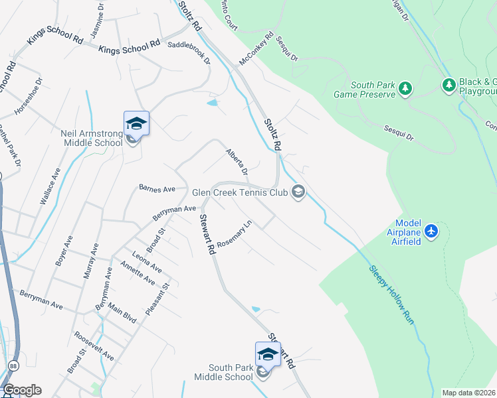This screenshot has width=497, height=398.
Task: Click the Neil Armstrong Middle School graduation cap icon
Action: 136,124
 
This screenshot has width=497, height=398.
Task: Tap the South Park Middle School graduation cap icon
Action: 268,354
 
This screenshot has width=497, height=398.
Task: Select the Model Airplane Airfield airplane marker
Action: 432,231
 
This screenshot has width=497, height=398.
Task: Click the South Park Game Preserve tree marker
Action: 405,88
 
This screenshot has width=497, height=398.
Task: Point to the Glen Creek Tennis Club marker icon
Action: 298,192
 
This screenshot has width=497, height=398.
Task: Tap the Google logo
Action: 22,390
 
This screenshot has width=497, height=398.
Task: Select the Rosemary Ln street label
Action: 236,234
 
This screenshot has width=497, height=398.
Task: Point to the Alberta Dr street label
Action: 237,162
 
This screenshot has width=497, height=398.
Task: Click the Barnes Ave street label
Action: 157,188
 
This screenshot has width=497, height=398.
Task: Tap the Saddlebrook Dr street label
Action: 189,52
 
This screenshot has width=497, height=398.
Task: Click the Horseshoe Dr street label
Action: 29,97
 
